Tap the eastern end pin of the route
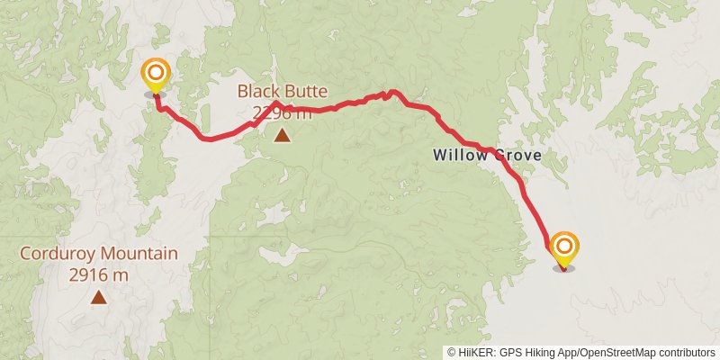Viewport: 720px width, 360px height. (564, 247)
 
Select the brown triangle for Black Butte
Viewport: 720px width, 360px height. (283, 136)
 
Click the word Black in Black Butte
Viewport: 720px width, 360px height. (257, 91)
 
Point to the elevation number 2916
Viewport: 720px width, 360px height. (87, 274)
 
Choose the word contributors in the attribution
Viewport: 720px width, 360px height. (685, 353)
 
